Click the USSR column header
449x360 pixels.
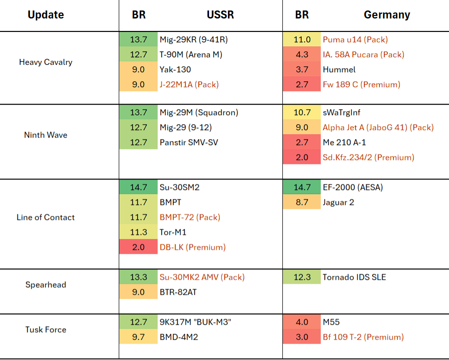click(220, 14)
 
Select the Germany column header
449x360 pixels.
click(387, 14)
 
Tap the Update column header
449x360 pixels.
click(46, 14)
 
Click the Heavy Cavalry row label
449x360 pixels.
click(46, 62)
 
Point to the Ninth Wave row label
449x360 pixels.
click(46, 135)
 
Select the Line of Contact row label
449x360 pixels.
click(46, 217)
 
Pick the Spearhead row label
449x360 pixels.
click(46, 285)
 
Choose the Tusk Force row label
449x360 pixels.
click(46, 330)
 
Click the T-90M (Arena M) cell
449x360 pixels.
click(191, 54)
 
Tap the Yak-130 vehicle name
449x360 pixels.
click(175, 69)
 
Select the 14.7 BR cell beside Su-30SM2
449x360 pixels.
click(138, 187)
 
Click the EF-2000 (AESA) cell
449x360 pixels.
click(353, 187)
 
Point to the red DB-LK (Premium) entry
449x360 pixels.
click(193, 247)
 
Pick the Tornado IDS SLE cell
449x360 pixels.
click(355, 277)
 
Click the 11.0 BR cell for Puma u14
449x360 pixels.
click(302, 39)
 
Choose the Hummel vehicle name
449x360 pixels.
click(339, 69)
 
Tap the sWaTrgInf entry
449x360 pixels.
click(342, 113)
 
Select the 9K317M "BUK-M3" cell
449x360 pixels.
click(195, 322)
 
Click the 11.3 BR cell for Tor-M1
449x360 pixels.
click(138, 232)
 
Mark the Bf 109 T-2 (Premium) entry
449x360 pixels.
click(363, 337)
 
